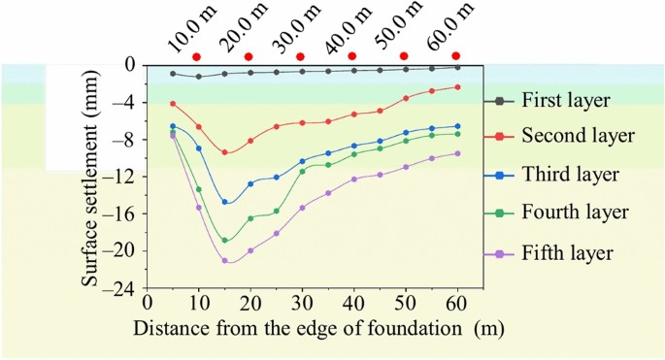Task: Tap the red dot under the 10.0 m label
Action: point(197,56)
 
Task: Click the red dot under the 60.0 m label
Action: point(455,56)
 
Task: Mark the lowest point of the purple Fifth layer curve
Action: point(225,260)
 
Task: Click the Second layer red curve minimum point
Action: point(225,152)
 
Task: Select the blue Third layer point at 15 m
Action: point(225,202)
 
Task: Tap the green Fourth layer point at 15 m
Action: point(225,240)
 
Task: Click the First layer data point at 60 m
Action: point(457,67)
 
